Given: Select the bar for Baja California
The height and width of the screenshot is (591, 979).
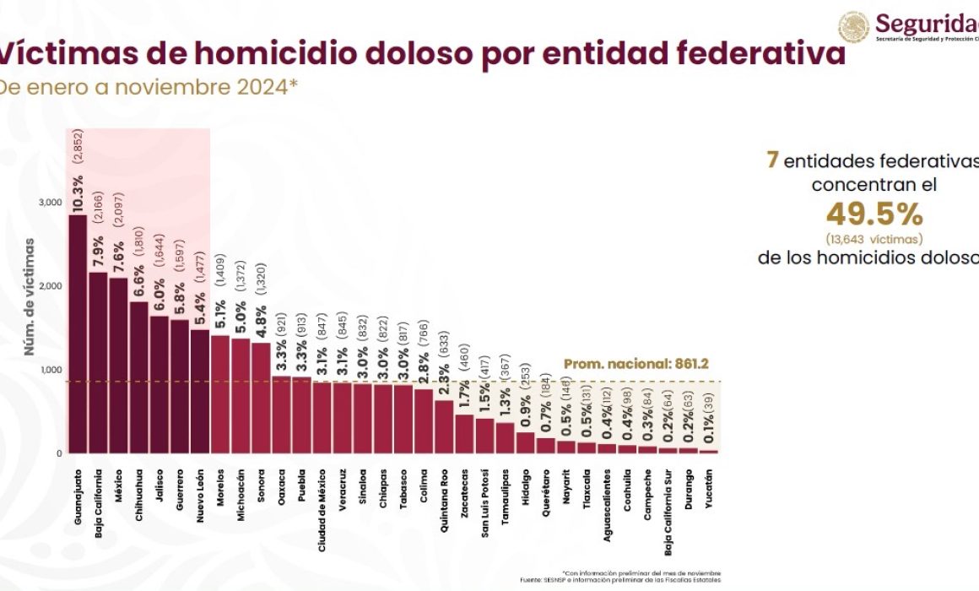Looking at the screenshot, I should (x=98, y=363).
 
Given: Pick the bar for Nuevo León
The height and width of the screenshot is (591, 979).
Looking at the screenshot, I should (x=199, y=392).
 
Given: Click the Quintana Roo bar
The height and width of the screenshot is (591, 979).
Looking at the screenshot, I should (x=443, y=427).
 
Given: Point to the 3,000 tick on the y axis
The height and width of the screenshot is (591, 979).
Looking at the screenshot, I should (x=49, y=203).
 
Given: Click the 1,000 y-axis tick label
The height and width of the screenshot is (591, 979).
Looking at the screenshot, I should (x=49, y=370).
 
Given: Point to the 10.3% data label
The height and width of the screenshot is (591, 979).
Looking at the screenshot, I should (x=78, y=194).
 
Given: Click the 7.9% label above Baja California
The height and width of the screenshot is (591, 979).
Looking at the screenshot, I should (x=98, y=248).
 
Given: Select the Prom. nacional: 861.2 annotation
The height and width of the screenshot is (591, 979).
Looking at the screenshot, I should (x=636, y=365).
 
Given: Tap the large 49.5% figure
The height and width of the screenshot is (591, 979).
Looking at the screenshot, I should (x=874, y=214).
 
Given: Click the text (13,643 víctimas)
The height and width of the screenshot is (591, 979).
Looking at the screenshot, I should (x=874, y=238).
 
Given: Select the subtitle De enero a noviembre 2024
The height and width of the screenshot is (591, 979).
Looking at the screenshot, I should (x=148, y=87).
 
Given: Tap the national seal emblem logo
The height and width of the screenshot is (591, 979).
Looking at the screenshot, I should (x=853, y=27).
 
